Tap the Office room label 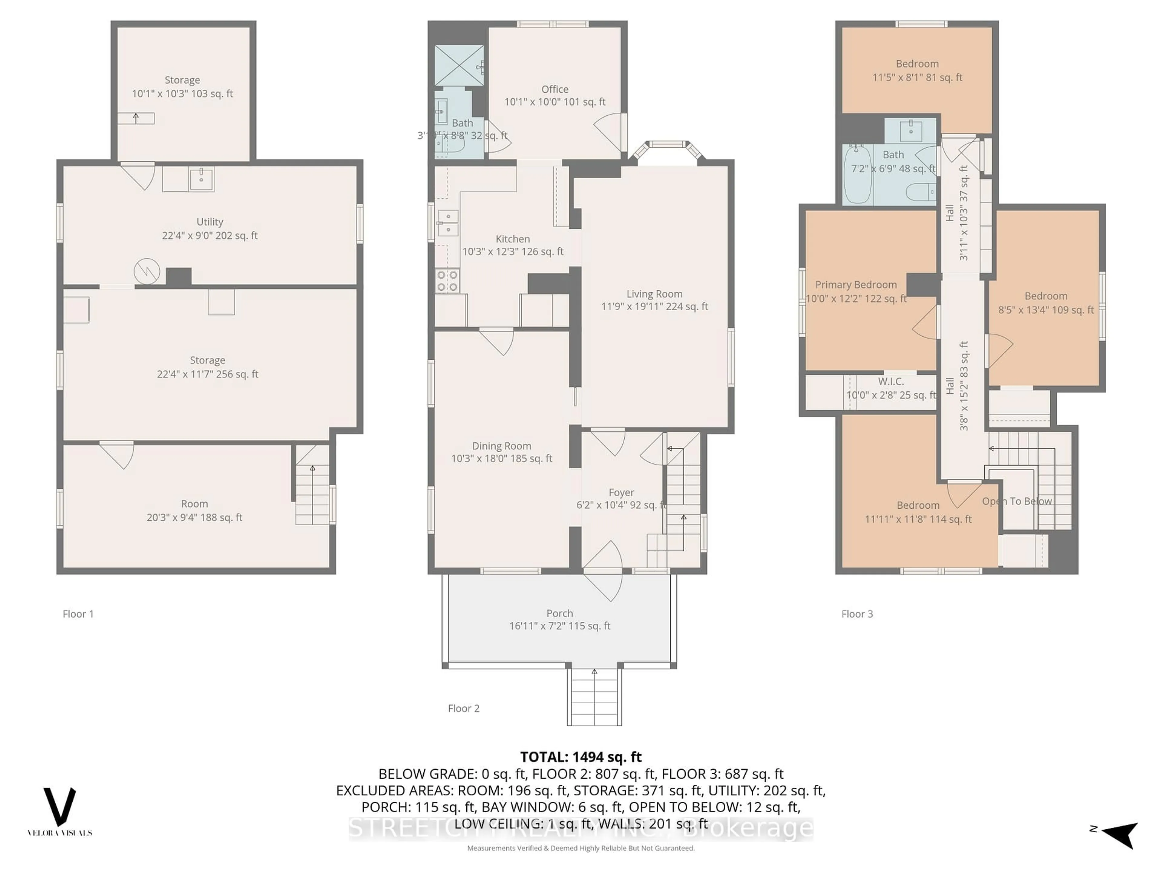pos(555,89)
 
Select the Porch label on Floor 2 pos(560,613)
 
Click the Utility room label pos(210,222)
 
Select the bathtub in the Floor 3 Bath pos(857,175)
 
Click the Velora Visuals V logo pos(59,807)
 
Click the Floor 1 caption pos(78,614)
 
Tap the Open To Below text pos(1016,501)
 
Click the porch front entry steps pos(594,698)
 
